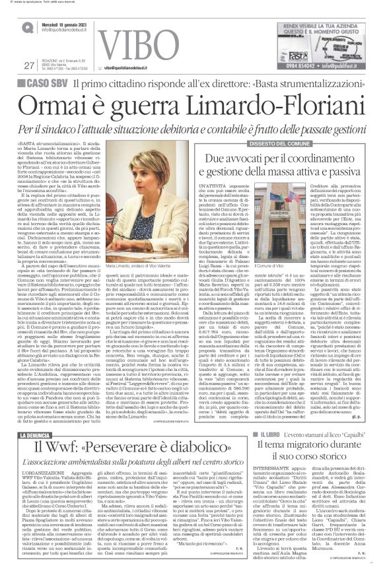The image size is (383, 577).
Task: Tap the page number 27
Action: tap(28, 65)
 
